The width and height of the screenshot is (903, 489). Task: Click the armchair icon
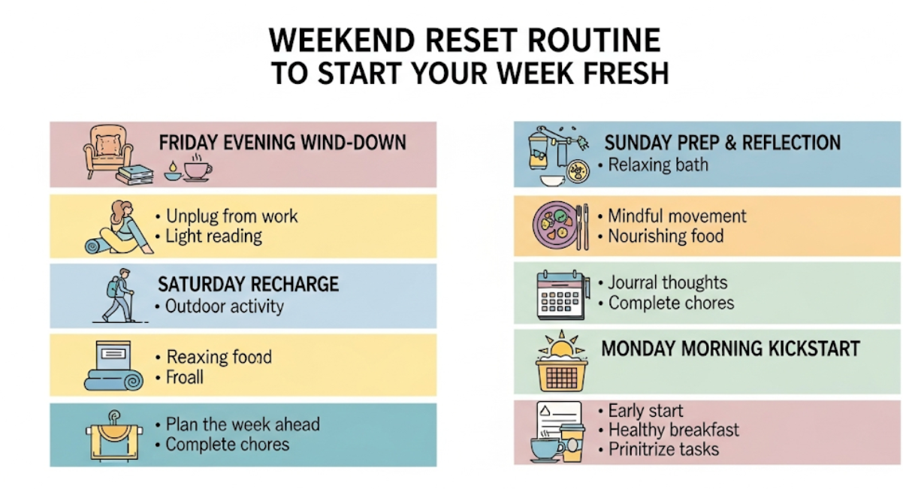[x=107, y=150]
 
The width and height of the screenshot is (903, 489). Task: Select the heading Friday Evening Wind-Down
[x=282, y=143]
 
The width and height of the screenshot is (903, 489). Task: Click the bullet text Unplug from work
[x=232, y=216]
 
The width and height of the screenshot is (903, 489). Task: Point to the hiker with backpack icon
[x=119, y=295]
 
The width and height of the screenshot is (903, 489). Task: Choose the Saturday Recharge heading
[x=249, y=284]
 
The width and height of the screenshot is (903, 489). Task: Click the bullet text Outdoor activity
[x=225, y=306]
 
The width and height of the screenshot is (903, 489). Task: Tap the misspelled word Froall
[x=185, y=377]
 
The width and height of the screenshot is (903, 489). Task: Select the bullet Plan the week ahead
[x=243, y=424]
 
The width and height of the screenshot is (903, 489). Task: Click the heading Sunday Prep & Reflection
[x=723, y=143]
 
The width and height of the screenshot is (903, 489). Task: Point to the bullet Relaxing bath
[x=658, y=165]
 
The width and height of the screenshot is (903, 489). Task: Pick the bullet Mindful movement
[x=678, y=216]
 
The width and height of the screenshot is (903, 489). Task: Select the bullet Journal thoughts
[x=668, y=282]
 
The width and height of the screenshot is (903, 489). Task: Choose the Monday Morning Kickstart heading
[x=730, y=349]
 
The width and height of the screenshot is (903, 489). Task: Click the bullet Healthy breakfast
[x=674, y=430]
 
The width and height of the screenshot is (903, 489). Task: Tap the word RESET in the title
[x=471, y=41]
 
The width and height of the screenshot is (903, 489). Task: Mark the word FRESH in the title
[x=626, y=74]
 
